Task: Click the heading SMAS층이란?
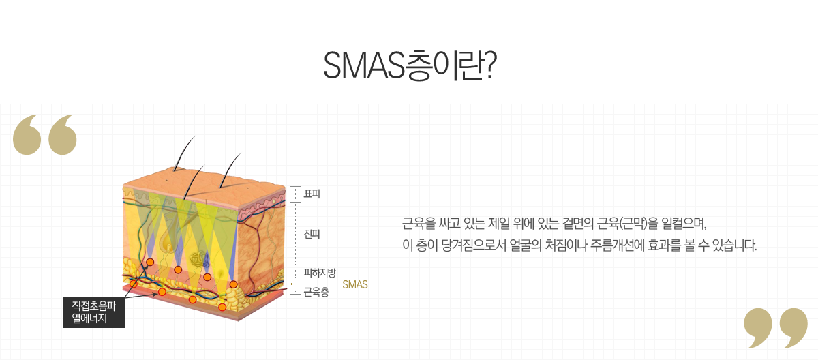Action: [x=409, y=64]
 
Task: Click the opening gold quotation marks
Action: [x=45, y=134]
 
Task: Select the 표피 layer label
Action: [x=312, y=194]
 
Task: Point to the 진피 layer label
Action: [x=312, y=234]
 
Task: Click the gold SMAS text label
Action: [x=354, y=284]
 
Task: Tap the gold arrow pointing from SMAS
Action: [x=314, y=284]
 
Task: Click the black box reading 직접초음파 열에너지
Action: [x=94, y=312]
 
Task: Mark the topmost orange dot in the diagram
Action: [x=150, y=262]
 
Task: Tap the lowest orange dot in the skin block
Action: [x=222, y=307]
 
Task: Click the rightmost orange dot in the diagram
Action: [x=233, y=284]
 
